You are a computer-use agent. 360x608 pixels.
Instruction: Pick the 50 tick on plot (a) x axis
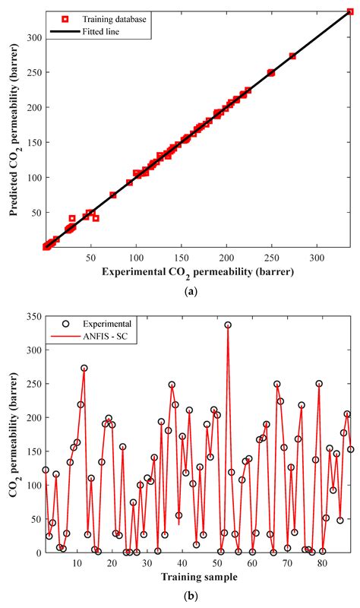pyautogui.click(x=91, y=258)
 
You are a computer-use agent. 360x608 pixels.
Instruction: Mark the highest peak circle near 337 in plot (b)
pyautogui.click(x=228, y=325)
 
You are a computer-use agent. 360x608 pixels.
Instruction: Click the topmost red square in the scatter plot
pyautogui.click(x=350, y=12)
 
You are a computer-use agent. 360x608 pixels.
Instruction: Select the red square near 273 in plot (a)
pyautogui.click(x=292, y=56)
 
